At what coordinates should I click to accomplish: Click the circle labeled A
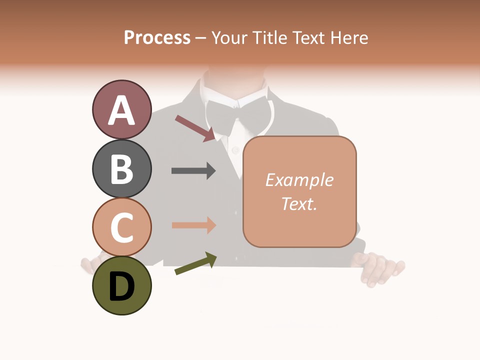[121, 109]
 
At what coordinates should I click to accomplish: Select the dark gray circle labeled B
[121, 168]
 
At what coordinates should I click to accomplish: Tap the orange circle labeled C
[121, 227]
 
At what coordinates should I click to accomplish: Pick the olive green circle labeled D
[121, 286]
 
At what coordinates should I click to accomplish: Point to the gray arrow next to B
[193, 171]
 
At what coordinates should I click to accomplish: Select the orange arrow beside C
[193, 225]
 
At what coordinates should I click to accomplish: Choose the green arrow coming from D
[195, 264]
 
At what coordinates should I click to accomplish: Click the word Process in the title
[157, 37]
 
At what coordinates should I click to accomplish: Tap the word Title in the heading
[269, 37]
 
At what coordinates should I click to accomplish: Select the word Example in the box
[299, 180]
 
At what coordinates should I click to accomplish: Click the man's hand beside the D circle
[90, 265]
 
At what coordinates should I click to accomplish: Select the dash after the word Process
[201, 38]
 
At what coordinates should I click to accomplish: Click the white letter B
[121, 169]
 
